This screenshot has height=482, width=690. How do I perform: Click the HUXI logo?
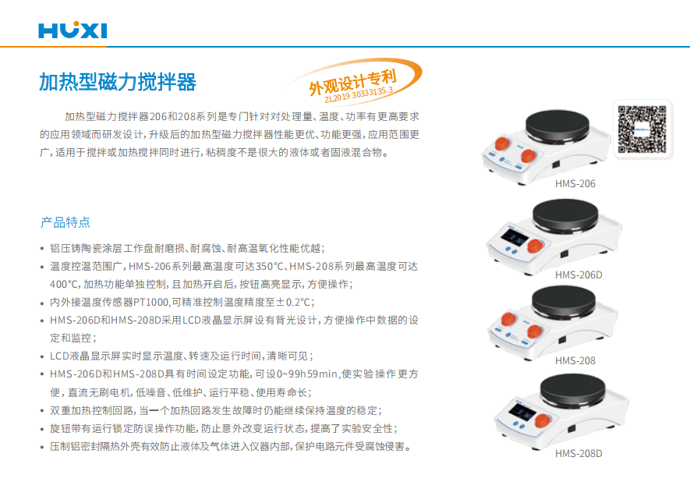73,30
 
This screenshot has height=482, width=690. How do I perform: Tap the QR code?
642,129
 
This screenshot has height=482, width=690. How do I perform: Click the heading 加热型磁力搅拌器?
118,82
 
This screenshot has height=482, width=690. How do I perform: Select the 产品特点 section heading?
65,222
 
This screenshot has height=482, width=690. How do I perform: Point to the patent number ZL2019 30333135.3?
359,94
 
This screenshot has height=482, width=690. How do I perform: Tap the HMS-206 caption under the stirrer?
575,183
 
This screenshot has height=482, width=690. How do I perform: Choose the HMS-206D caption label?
579,275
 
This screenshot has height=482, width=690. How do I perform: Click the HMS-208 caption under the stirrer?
575,361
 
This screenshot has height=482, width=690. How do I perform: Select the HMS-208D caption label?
579,454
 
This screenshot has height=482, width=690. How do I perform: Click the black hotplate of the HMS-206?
557,126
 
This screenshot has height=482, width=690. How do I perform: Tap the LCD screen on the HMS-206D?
515,239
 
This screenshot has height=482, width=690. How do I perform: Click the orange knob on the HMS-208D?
542,421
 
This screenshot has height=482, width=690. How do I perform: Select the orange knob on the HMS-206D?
535,246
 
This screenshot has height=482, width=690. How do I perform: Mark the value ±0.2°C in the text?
294,303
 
